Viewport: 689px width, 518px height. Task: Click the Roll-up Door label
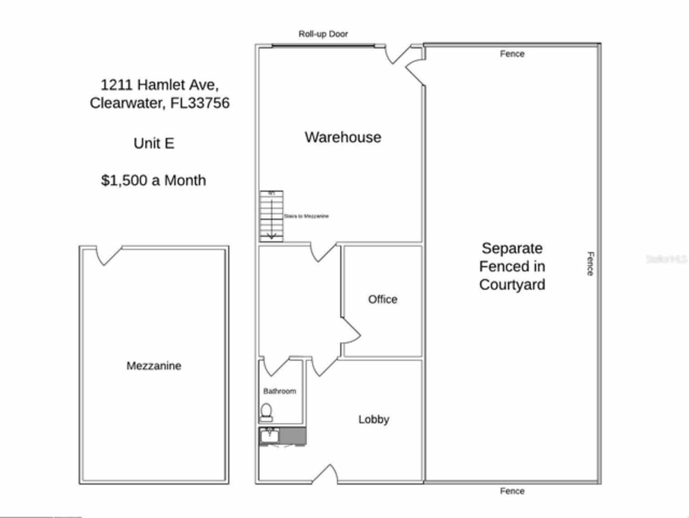coord(323,34)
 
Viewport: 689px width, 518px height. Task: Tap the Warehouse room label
coord(343,137)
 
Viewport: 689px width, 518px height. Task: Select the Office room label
coord(383,299)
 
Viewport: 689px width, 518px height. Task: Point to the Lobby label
coord(374,419)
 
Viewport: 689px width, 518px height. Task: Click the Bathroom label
coord(279,391)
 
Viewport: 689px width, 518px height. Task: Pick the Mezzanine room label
coord(153,366)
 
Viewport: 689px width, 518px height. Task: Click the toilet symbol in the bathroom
coord(266,412)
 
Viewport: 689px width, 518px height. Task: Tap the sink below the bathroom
coord(269,435)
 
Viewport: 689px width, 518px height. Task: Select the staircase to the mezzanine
coord(271,216)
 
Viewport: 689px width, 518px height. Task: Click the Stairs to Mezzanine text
coord(306,216)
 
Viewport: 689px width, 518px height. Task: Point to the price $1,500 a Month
coord(153,180)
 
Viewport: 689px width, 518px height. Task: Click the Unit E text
coord(154,143)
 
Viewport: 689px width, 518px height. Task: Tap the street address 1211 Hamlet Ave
coord(159,85)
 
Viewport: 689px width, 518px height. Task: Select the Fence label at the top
coord(512,54)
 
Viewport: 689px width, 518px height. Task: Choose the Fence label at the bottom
coord(512,491)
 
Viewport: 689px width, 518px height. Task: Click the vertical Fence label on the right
coord(590,264)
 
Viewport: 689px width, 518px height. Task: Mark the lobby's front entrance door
coord(326,474)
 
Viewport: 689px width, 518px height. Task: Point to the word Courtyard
coord(512,285)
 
